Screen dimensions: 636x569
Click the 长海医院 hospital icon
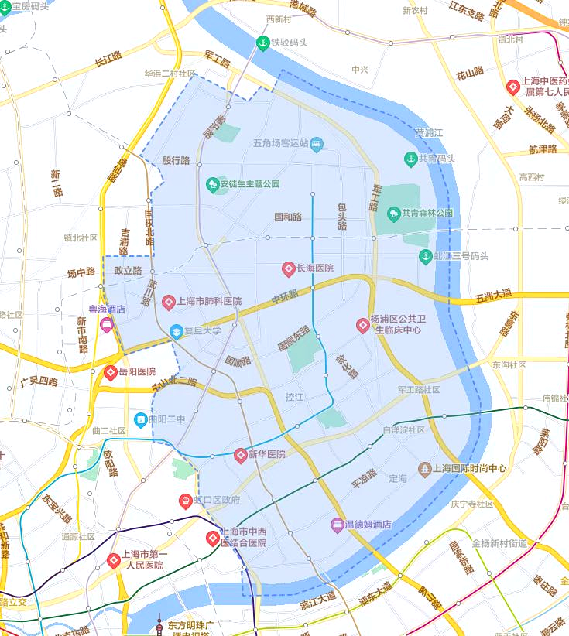(288, 268)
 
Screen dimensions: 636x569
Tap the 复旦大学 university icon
(177, 331)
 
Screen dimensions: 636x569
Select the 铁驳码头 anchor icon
(262, 43)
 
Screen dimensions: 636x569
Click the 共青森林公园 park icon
(393, 213)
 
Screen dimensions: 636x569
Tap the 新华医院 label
(266, 454)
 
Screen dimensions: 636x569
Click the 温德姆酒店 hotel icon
(338, 525)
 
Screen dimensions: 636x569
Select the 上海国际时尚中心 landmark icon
(424, 469)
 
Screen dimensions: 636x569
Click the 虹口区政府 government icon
(185, 501)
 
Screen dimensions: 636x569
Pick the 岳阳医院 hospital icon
(111, 372)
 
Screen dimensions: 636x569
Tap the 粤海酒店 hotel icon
(106, 323)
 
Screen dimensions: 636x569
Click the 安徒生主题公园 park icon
(212, 185)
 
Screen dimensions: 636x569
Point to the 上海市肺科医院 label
(209, 301)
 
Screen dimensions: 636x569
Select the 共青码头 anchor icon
(411, 159)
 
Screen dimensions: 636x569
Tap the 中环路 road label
(284, 296)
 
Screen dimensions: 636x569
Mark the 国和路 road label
(288, 217)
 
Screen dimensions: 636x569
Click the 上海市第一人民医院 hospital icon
(114, 559)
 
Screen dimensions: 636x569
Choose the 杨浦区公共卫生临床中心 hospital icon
(362, 326)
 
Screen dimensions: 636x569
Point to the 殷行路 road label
(176, 161)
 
